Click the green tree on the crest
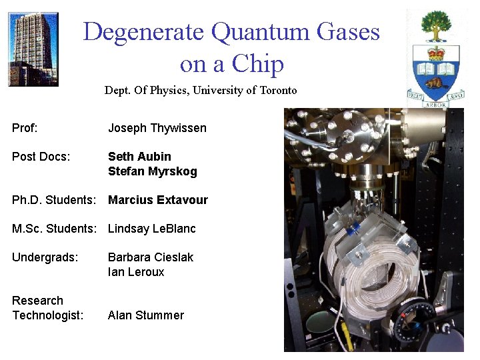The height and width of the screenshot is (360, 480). [436, 26]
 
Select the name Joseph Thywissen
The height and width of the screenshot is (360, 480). [157, 128]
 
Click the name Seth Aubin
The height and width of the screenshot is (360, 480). [139, 157]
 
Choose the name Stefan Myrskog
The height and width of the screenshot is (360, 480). [152, 171]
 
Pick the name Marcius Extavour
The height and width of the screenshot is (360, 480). [158, 200]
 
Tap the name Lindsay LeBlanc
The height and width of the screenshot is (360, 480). [152, 229]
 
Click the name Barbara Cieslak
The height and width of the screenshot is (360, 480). [151, 257]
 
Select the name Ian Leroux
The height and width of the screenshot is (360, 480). [136, 272]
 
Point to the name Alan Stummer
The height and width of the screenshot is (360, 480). [146, 315]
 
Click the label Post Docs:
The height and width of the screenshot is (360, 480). [41, 157]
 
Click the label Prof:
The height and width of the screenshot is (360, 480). [25, 128]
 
